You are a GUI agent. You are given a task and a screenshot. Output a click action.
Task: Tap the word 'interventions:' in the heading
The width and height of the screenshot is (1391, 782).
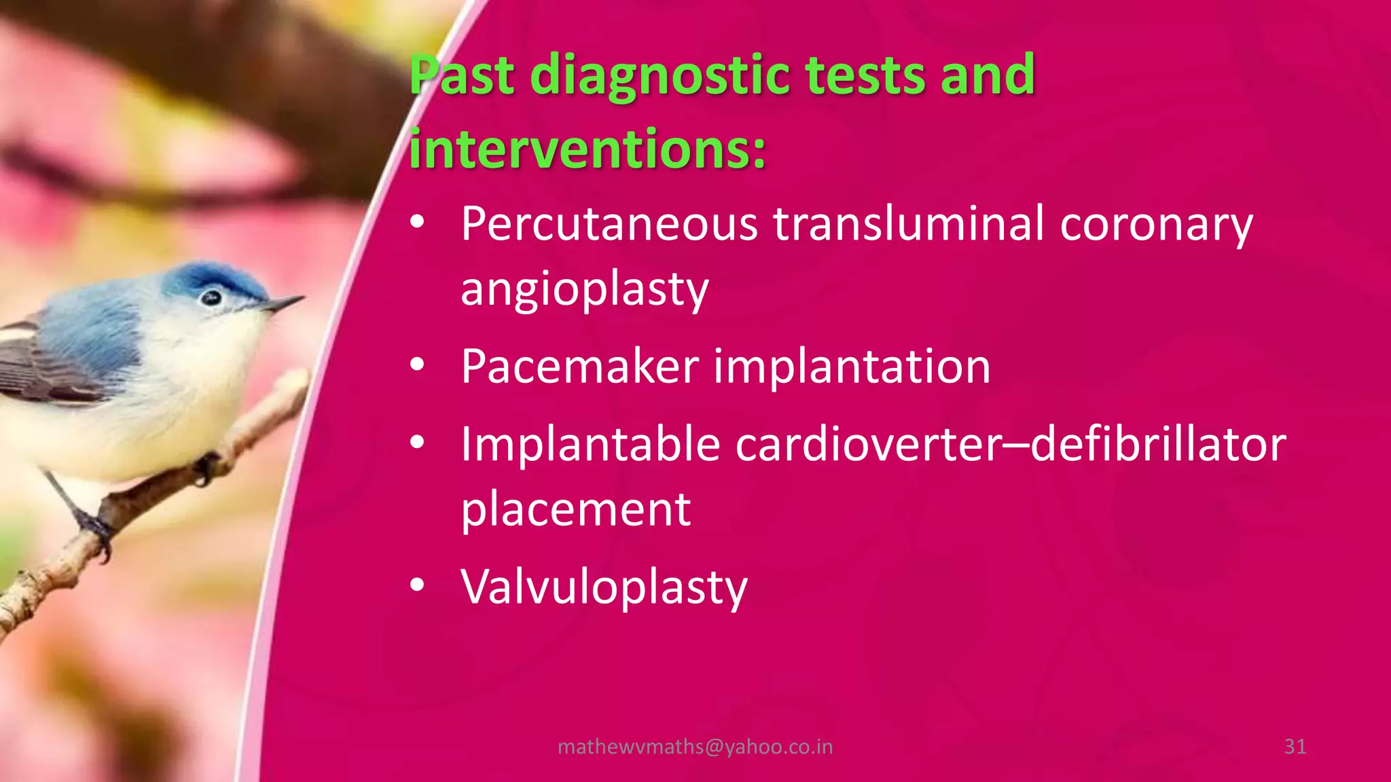click(587, 149)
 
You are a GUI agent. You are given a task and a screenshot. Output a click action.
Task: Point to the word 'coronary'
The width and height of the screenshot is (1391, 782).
click(1156, 225)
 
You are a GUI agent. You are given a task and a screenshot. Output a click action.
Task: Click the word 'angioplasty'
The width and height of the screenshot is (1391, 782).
click(585, 290)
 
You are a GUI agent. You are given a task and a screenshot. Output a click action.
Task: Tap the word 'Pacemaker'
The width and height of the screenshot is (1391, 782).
click(580, 367)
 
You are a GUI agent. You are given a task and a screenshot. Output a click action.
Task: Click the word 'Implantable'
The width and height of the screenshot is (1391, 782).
click(590, 444)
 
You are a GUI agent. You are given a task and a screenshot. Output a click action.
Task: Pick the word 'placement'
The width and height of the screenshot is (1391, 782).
click(576, 510)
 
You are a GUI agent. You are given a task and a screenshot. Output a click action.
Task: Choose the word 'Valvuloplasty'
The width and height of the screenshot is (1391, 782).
click(604, 588)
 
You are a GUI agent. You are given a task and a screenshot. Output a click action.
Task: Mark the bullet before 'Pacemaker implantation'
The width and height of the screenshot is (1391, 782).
click(417, 365)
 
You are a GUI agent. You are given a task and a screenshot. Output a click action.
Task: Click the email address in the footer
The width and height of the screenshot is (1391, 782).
click(695, 747)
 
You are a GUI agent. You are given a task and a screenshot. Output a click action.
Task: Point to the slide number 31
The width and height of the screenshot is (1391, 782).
click(1295, 747)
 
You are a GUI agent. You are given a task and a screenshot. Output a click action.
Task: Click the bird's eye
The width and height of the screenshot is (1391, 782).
click(211, 297)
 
